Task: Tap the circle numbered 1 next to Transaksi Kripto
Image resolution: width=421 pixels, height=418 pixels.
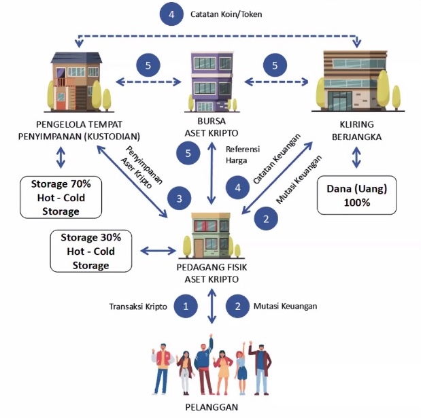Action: (185, 307)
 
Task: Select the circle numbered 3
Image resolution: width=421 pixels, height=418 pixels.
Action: (179, 198)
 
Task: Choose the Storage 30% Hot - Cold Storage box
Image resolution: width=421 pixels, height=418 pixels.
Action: (90, 251)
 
